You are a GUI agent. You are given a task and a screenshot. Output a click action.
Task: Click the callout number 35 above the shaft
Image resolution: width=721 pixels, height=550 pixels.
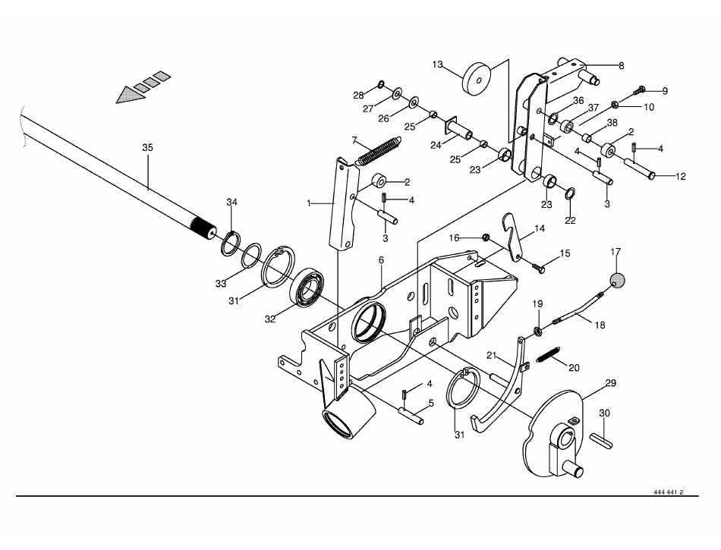147,147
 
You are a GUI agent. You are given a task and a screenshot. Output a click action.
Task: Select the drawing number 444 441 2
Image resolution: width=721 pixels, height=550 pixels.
668,492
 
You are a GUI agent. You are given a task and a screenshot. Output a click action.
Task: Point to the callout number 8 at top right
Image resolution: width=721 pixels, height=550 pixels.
621,66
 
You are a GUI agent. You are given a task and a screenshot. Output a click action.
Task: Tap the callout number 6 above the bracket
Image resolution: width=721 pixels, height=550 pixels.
382,259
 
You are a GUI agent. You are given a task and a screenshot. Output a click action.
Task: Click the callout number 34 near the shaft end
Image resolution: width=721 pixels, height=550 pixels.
232,201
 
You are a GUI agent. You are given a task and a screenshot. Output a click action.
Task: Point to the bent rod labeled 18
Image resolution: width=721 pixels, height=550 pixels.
581,310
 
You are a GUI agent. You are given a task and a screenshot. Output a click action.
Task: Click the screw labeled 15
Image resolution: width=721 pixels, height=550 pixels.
541,266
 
